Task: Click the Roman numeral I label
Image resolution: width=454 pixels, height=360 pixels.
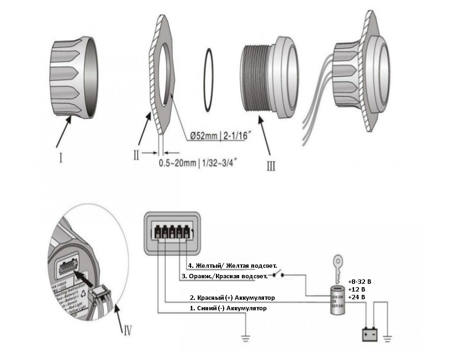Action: (x=60, y=159)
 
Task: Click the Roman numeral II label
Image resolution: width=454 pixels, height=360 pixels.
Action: (x=136, y=155)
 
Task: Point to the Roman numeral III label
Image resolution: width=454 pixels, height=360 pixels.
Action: (x=270, y=165)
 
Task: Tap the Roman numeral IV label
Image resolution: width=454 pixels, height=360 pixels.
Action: (x=127, y=331)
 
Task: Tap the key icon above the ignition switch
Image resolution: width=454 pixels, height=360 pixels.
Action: (x=337, y=264)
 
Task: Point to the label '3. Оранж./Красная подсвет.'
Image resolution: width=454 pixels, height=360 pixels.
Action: (x=224, y=276)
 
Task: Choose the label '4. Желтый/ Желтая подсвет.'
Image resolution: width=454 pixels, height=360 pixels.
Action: (x=232, y=266)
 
